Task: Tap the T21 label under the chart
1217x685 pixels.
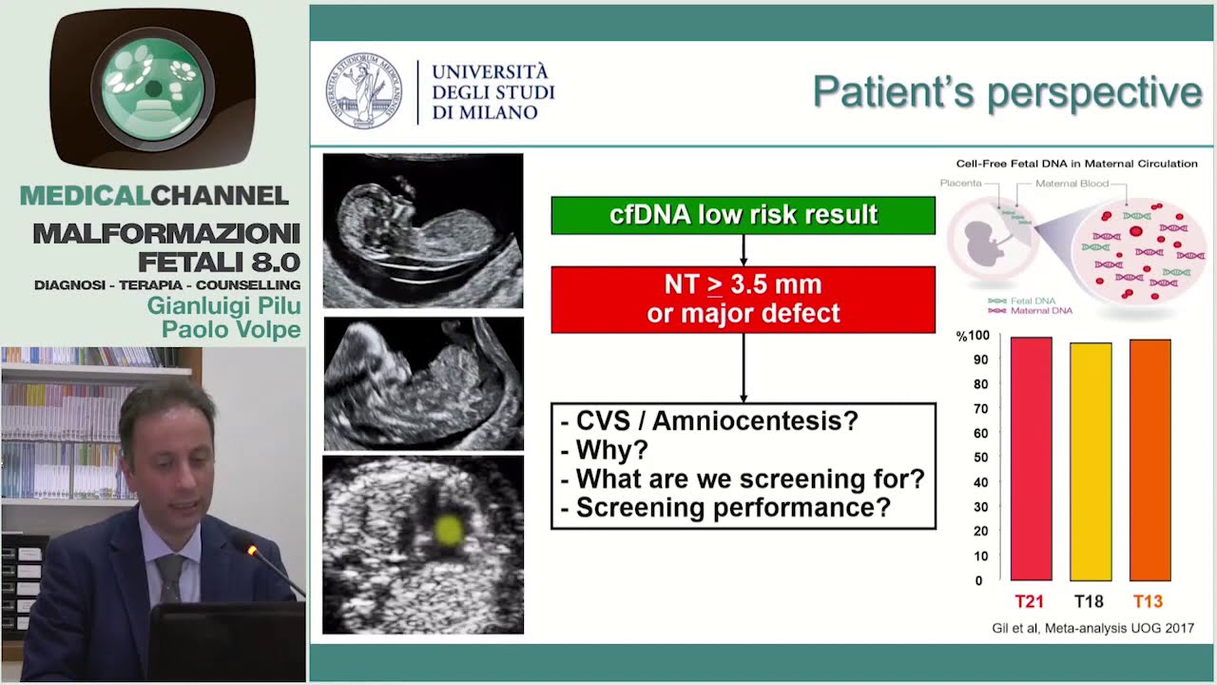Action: [x=1030, y=601]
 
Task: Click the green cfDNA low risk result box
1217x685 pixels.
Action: [x=743, y=215]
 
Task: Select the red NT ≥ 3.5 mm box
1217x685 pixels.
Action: [x=743, y=299]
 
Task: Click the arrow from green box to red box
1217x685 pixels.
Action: [x=743, y=250]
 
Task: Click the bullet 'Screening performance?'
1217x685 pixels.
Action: [x=732, y=507]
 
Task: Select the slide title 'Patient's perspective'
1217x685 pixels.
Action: [x=1007, y=92]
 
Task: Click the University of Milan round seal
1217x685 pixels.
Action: [x=364, y=91]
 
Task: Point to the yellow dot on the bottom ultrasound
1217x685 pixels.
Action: [x=449, y=531]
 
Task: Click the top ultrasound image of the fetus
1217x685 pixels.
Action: [x=423, y=230]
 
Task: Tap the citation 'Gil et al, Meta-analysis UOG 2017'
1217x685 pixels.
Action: [x=1092, y=628]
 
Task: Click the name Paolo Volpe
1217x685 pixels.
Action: [x=231, y=329]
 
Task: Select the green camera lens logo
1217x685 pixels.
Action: [x=153, y=89]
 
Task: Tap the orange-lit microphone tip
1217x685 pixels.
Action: [x=252, y=550]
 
